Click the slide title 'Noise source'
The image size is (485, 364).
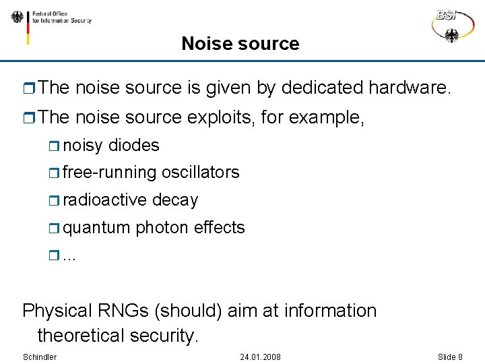pos(240,44)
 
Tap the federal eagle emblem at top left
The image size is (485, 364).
pos(17,17)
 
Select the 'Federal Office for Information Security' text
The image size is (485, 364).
pos(62,17)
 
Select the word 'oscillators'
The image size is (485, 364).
pos(200,173)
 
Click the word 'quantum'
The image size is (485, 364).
pos(96,228)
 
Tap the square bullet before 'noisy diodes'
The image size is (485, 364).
pos(54,146)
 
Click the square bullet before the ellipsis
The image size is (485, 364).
pos(54,255)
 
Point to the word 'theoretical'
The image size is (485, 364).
pos(82,335)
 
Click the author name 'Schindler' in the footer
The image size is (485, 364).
pos(40,357)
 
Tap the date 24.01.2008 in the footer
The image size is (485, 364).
pos(260,357)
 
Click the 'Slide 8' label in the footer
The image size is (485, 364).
pos(450,357)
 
